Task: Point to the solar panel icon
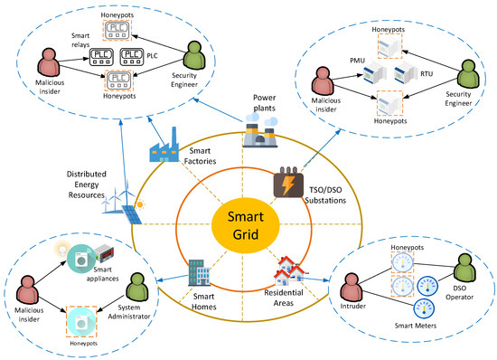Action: coord(132,215)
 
